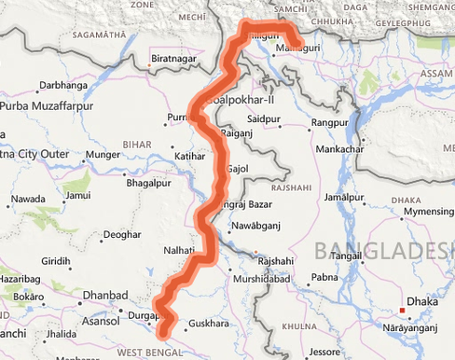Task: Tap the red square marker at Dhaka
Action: coord(402,311)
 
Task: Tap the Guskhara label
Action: coord(208,323)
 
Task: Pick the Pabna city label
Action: coord(324,277)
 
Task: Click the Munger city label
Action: coord(103,154)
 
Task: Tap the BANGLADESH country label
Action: coord(384,249)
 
